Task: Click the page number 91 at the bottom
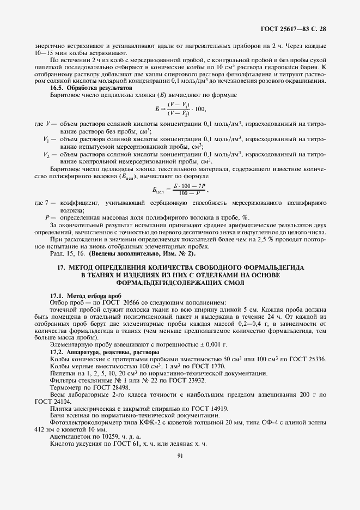179,487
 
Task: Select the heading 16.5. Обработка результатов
90,87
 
